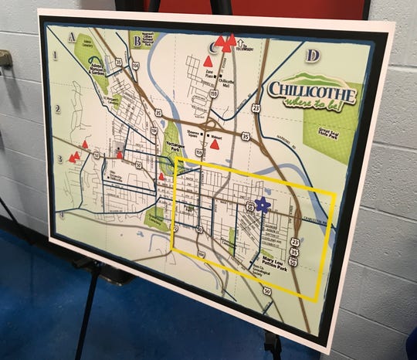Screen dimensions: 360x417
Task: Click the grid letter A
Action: (x=72, y=35)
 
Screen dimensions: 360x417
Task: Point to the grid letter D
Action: (x=313, y=56)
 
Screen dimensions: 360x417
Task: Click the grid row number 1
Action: (x=56, y=55)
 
